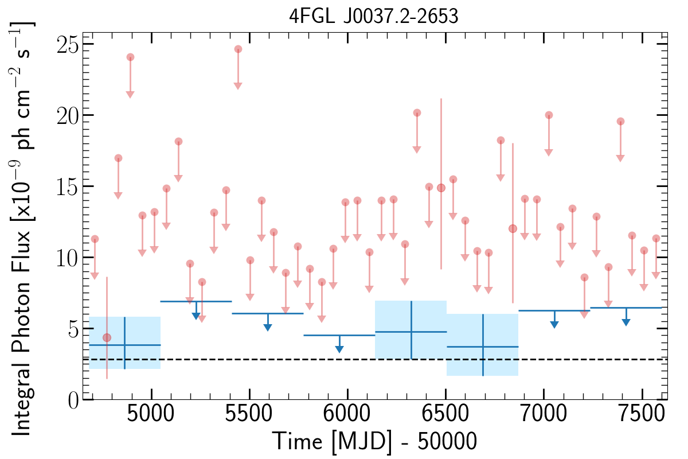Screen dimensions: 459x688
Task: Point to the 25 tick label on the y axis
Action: click(67, 44)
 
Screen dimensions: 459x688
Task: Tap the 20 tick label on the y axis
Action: click(67, 115)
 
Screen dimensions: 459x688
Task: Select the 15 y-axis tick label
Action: click(67, 186)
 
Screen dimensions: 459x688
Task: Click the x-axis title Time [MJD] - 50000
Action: click(374, 442)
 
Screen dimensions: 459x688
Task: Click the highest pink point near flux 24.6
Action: click(238, 49)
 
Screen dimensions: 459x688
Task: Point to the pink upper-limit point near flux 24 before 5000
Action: click(130, 57)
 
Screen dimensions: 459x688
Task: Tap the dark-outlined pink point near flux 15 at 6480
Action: click(441, 188)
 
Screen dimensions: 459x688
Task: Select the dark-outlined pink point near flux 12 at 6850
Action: click(513, 228)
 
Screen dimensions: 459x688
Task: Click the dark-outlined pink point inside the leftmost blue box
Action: click(107, 337)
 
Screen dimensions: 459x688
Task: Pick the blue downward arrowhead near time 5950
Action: click(339, 349)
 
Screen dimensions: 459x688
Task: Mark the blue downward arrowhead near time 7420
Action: click(626, 322)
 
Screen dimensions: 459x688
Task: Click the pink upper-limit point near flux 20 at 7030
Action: click(549, 115)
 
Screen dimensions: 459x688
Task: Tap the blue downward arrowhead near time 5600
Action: click(268, 327)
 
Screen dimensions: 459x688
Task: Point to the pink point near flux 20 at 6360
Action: click(417, 113)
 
